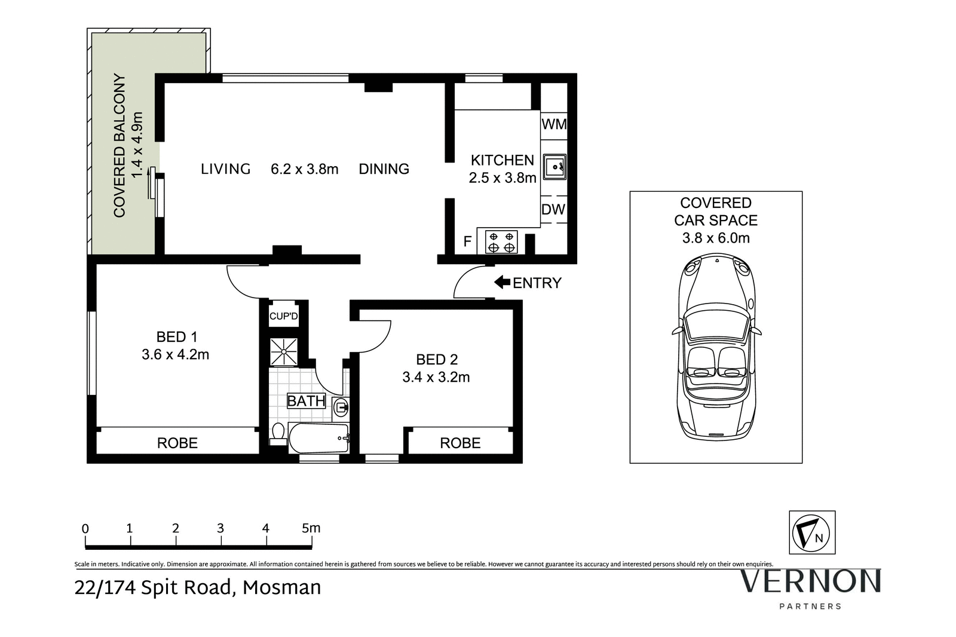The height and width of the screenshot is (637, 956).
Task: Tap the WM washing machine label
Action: pyautogui.click(x=554, y=125)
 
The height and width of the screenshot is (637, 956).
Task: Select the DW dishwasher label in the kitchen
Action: pyautogui.click(x=553, y=210)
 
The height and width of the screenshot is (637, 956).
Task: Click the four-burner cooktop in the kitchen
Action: pyautogui.click(x=501, y=241)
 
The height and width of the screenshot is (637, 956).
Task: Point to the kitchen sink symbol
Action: pyautogui.click(x=554, y=167)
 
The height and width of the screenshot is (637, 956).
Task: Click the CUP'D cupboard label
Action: pyautogui.click(x=283, y=316)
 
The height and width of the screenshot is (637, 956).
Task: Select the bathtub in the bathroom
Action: pyautogui.click(x=318, y=439)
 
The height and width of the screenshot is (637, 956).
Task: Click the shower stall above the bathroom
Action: pyautogui.click(x=283, y=352)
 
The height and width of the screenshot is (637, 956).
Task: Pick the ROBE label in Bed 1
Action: pyautogui.click(x=177, y=443)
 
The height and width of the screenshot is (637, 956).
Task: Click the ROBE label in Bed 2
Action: pyautogui.click(x=460, y=443)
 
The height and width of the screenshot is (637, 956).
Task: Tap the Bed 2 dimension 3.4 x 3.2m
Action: pyautogui.click(x=436, y=377)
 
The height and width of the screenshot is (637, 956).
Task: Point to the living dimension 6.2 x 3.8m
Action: pyautogui.click(x=305, y=169)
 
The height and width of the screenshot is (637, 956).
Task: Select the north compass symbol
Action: pyautogui.click(x=812, y=532)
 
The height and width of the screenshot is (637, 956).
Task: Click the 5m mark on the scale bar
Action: pyautogui.click(x=311, y=529)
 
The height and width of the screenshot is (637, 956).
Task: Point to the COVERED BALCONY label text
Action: pyautogui.click(x=119, y=145)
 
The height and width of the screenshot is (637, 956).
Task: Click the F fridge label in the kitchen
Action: pyautogui.click(x=468, y=242)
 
